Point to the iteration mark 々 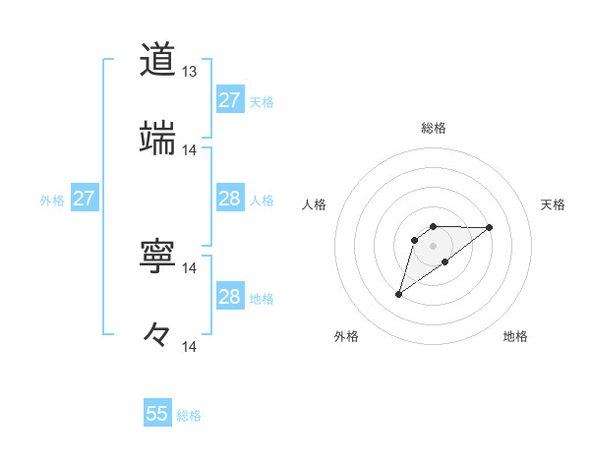coord(157,334)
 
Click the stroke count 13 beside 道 coord(190,72)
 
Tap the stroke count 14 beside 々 coord(190,346)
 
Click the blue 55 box coord(157,414)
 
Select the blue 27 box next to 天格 coord(229,100)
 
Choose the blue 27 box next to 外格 coord(84,199)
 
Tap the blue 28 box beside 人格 coord(229,199)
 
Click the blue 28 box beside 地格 coord(229,297)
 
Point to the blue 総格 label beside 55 coord(189,416)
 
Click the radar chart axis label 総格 coord(433,129)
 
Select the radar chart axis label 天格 coord(554,204)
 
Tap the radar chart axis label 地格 coord(515,336)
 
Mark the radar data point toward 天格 coord(490,227)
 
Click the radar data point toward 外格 coord(398,294)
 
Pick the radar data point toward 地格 coord(445,261)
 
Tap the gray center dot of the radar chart coord(433,246)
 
